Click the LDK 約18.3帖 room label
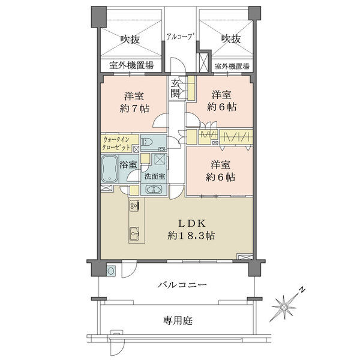pos(191,229)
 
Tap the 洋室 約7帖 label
pos(134,102)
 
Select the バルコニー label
pos(182,285)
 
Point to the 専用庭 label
pos(178,320)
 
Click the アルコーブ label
pos(180,37)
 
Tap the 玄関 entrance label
pos(176,88)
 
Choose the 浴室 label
pos(128,164)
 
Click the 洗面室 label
pos(155,176)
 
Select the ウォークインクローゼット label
pos(116,143)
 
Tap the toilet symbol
pos(147,142)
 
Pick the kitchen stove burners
pos(134,205)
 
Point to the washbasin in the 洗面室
pos(154,190)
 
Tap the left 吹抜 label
pos(130,40)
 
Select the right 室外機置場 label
pos(232,67)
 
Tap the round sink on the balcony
pos(112,271)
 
